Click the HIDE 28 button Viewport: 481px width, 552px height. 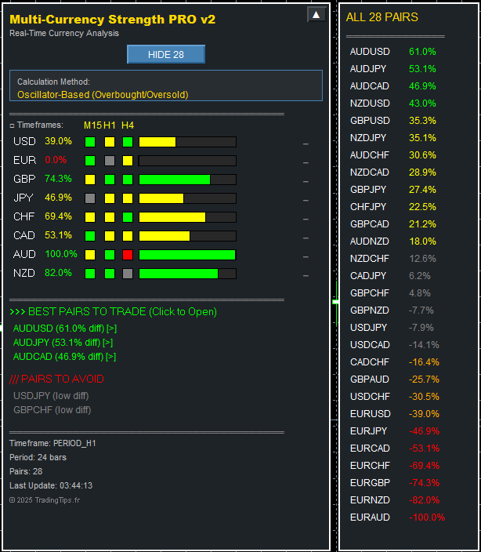tap(165, 54)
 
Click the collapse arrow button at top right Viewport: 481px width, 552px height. tap(316, 14)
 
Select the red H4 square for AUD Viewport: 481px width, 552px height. tap(128, 255)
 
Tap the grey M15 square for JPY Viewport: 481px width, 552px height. tap(90, 198)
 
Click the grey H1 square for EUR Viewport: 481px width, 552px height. tap(109, 161)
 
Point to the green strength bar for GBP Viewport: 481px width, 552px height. tap(174, 180)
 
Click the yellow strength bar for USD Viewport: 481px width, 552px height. tap(157, 142)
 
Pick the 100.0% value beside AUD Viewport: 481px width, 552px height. tap(61, 254)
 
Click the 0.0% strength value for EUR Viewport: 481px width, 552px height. tap(56, 160)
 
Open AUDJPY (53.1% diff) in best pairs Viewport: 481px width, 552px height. tap(63, 342)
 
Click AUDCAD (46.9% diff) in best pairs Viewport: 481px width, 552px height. tap(64, 356)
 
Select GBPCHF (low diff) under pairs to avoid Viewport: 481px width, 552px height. tap(52, 409)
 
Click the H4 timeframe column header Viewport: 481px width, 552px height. tap(128, 125)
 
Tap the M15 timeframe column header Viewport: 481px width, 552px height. tap(92, 125)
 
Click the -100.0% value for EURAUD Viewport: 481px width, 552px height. tap(427, 517)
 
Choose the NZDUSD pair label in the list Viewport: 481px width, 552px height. tap(369, 103)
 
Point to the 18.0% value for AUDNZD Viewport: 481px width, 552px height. tap(422, 241)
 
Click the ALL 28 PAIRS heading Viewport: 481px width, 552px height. tap(382, 17)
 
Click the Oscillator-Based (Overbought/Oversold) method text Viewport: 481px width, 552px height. tap(103, 95)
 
